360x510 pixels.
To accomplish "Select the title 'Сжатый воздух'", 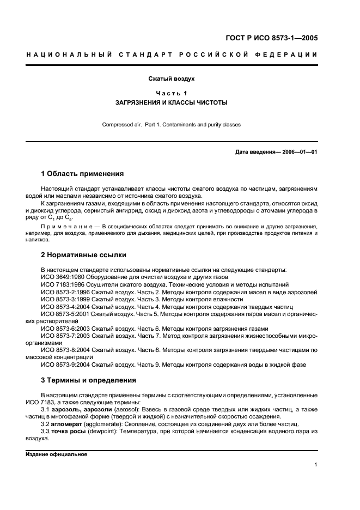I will tap(172, 79).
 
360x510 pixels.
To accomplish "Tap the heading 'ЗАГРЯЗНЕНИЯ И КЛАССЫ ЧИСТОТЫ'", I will tap(172, 102).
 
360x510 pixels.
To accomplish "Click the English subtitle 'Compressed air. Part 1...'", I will tap(172, 124).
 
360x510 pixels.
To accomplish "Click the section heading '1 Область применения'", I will tap(82, 174).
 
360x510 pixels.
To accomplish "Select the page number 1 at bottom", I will tap(316, 465).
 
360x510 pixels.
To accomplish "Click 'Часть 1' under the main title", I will tap(172, 93).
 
